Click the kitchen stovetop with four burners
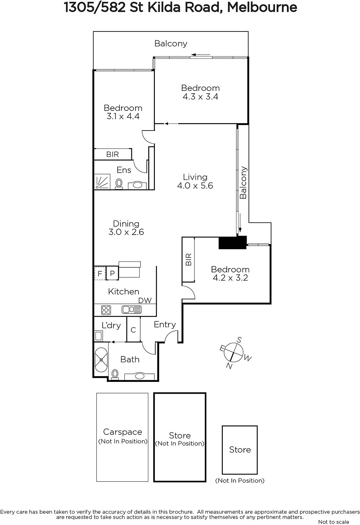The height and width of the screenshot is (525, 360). pyautogui.click(x=106, y=310)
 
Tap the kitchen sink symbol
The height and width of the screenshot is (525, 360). pyautogui.click(x=132, y=310)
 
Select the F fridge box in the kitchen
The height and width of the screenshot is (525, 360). pyautogui.click(x=100, y=273)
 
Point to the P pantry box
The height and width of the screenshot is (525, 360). pyautogui.click(x=112, y=273)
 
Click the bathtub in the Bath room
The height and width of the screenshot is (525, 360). pyautogui.click(x=101, y=360)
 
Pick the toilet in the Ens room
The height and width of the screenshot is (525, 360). pyautogui.click(x=119, y=183)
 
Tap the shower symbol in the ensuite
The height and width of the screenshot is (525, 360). pyautogui.click(x=102, y=182)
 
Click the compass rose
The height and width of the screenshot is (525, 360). pyautogui.click(x=234, y=352)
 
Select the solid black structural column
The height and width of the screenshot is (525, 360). pyautogui.click(x=232, y=242)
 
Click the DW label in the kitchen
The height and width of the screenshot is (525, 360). pyautogui.click(x=145, y=301)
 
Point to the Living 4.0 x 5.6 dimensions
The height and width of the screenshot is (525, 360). pyautogui.click(x=195, y=186)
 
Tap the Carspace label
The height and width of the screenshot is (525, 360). pyautogui.click(x=123, y=432)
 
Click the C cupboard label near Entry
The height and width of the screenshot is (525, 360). pyautogui.click(x=133, y=330)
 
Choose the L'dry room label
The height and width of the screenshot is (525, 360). pyautogui.click(x=111, y=325)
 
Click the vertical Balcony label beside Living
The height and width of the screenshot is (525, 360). pyautogui.click(x=243, y=182)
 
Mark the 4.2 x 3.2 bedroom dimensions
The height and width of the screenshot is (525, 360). pyautogui.click(x=230, y=278)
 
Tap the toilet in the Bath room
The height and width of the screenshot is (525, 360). pyautogui.click(x=115, y=374)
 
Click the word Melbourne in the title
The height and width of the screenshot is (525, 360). pyautogui.click(x=262, y=8)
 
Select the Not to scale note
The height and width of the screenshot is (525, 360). pyautogui.click(x=334, y=522)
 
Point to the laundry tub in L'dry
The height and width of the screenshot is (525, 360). pyautogui.click(x=98, y=336)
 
